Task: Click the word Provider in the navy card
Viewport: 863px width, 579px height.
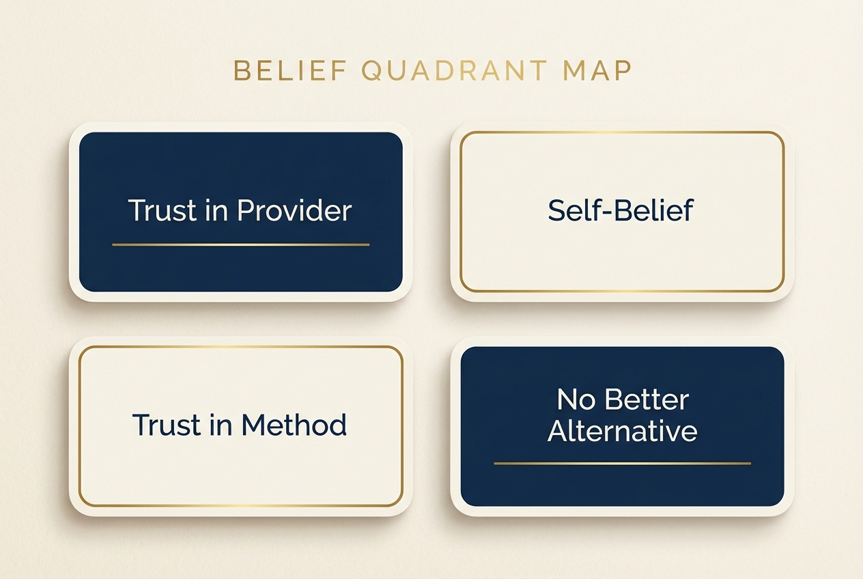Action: (x=294, y=211)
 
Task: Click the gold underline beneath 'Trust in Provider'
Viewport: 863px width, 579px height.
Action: (x=240, y=244)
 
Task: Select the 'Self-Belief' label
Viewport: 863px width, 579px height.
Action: (x=621, y=210)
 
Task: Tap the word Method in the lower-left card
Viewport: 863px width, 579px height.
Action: (x=294, y=425)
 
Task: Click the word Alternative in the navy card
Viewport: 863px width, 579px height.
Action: (x=622, y=431)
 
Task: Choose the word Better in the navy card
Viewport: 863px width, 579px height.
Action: (x=645, y=399)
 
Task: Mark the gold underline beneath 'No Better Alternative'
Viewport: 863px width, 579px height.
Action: (x=622, y=464)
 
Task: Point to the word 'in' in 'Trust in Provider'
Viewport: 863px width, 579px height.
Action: (x=216, y=210)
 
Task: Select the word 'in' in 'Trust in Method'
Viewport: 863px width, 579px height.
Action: (x=219, y=425)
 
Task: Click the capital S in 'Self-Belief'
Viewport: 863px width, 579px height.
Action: (x=556, y=210)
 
